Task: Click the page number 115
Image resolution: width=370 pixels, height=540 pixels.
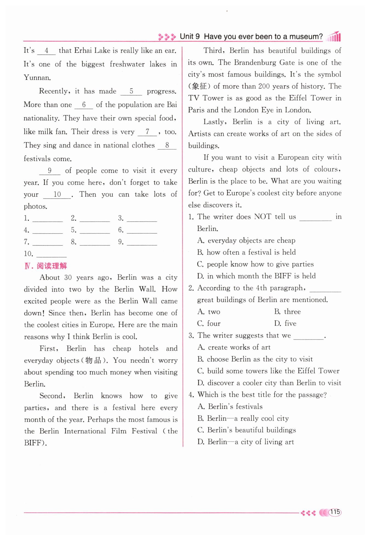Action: (x=335, y=512)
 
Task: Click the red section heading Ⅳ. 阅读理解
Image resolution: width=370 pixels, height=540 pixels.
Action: (x=46, y=266)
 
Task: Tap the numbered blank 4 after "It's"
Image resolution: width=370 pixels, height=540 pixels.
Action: (x=46, y=51)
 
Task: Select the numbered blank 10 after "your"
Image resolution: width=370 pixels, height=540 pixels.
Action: (x=57, y=195)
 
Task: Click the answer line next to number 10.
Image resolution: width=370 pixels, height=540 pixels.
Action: (x=52, y=255)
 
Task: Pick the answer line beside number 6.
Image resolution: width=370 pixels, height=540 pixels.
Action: (x=142, y=231)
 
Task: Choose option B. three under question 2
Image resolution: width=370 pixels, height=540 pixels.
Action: (x=288, y=312)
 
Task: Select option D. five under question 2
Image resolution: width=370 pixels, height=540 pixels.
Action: (x=285, y=324)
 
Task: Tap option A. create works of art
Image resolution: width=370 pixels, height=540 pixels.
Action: (x=234, y=347)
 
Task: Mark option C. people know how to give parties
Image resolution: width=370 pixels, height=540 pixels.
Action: (x=255, y=264)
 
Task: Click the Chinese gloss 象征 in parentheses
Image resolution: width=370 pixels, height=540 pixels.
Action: (x=199, y=86)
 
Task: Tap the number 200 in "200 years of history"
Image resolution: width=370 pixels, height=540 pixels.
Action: (x=264, y=86)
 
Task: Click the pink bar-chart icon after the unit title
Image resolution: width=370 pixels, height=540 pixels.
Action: (x=334, y=36)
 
